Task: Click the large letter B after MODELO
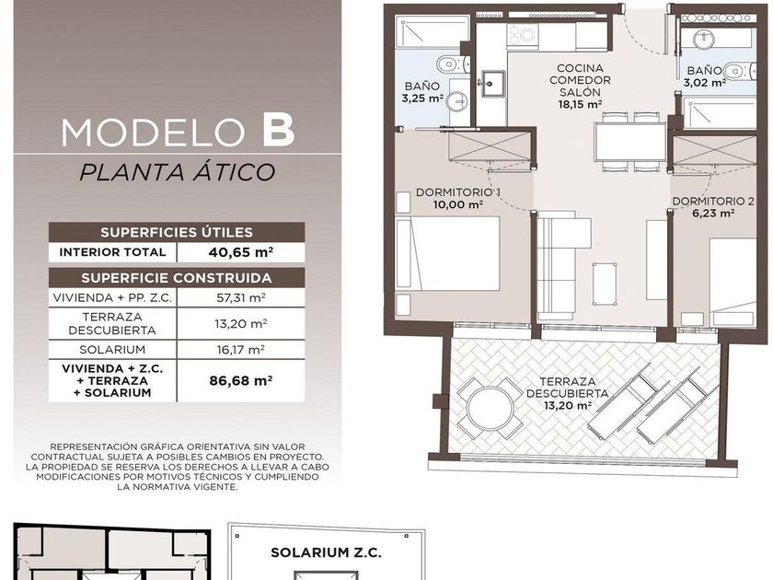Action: coord(279,130)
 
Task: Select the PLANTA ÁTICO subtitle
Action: coord(177,172)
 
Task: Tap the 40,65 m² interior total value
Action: coord(240,252)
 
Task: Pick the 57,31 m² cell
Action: coord(240,297)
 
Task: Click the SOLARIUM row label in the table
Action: coord(112,350)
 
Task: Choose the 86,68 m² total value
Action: coord(240,381)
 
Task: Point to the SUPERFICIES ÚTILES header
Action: coord(177,232)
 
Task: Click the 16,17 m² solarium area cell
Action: coord(240,350)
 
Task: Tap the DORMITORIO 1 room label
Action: coord(458,191)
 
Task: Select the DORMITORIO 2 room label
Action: coord(713,202)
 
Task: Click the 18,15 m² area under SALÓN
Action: coord(580,104)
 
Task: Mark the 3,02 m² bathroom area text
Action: coord(704,82)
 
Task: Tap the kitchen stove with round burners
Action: coord(523,35)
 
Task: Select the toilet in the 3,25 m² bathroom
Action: coord(451,64)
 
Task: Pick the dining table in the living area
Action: coord(630,142)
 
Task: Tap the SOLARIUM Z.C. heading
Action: coord(326,552)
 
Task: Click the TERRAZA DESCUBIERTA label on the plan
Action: coord(567,388)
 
